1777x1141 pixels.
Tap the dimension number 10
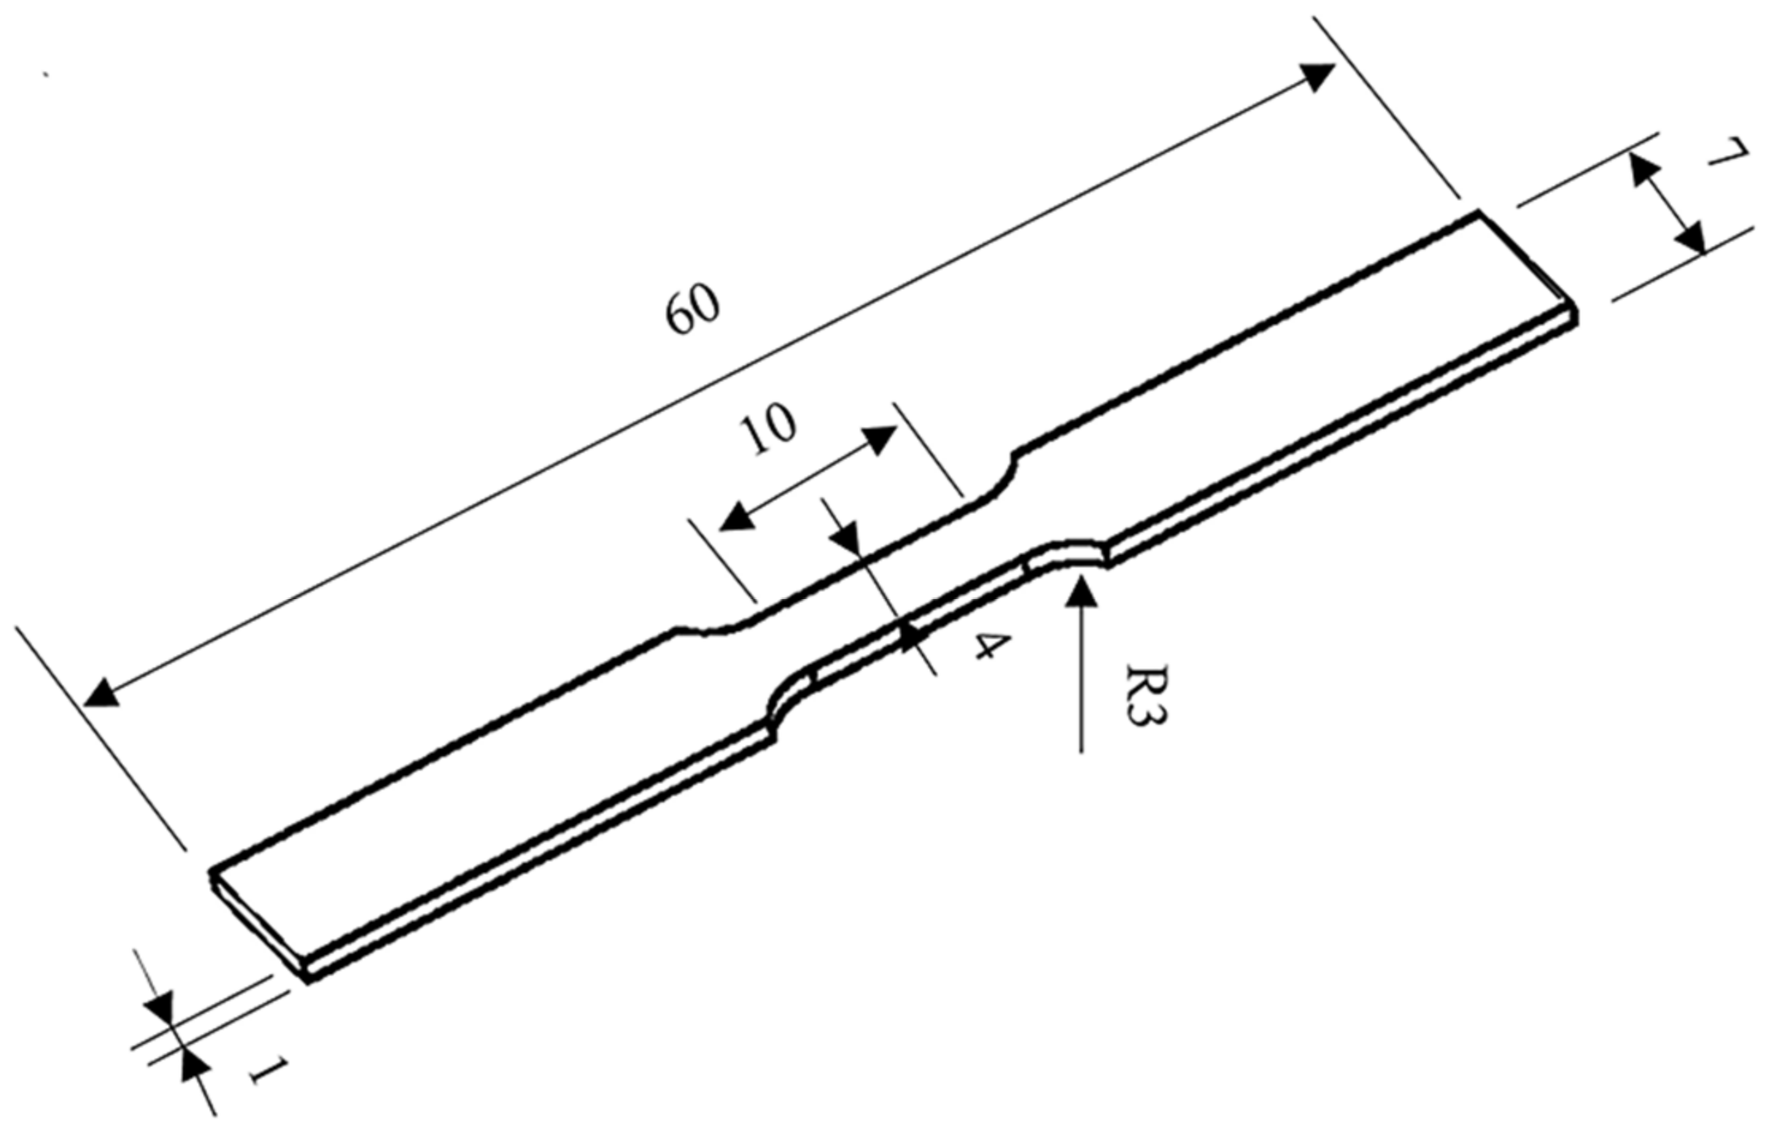(x=766, y=429)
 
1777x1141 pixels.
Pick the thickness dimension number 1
(x=266, y=1070)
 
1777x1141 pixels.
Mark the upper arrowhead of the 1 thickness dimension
(x=159, y=1008)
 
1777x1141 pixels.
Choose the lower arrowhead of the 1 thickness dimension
(x=193, y=1066)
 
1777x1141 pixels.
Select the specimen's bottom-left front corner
(x=308, y=979)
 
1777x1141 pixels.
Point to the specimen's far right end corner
(x=1575, y=318)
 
